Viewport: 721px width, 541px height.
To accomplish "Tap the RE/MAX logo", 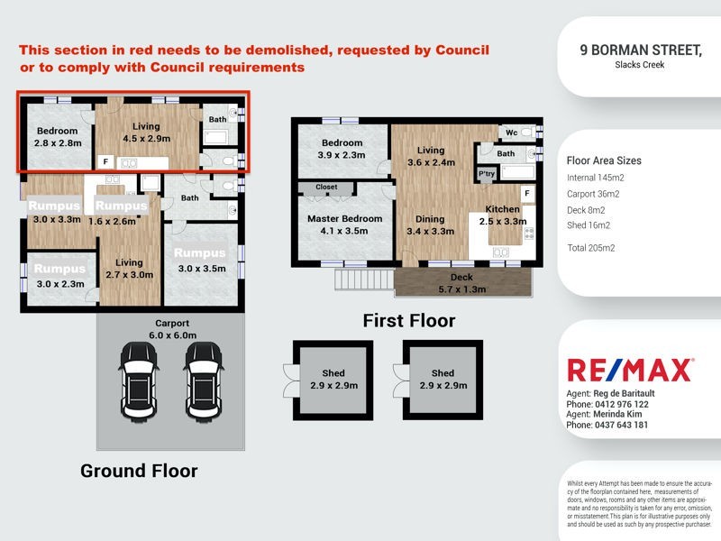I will [x=629, y=370].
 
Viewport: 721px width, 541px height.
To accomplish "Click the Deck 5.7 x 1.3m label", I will [x=461, y=284].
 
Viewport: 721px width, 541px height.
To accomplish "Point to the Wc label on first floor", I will [x=511, y=133].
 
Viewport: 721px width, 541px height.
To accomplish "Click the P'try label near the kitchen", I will [x=488, y=173].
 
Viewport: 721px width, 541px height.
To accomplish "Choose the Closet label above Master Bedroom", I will [x=326, y=188].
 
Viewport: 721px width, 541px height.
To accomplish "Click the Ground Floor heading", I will [x=139, y=471].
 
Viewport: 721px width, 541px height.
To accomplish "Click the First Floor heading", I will [x=408, y=320].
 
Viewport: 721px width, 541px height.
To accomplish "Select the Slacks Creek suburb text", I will [x=640, y=65].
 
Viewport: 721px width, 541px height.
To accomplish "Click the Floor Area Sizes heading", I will [x=604, y=160].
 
